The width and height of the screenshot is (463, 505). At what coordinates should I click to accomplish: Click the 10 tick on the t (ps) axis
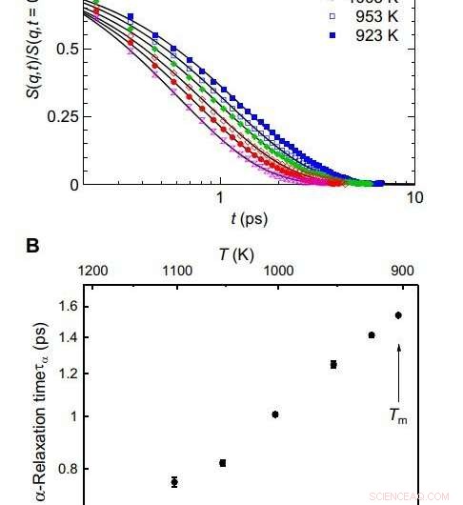point(413,197)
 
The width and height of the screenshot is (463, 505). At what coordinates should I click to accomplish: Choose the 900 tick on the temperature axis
point(404,270)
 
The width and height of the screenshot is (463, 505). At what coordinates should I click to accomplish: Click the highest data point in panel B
point(398,315)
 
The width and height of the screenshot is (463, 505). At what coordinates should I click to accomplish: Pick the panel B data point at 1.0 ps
point(275,414)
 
